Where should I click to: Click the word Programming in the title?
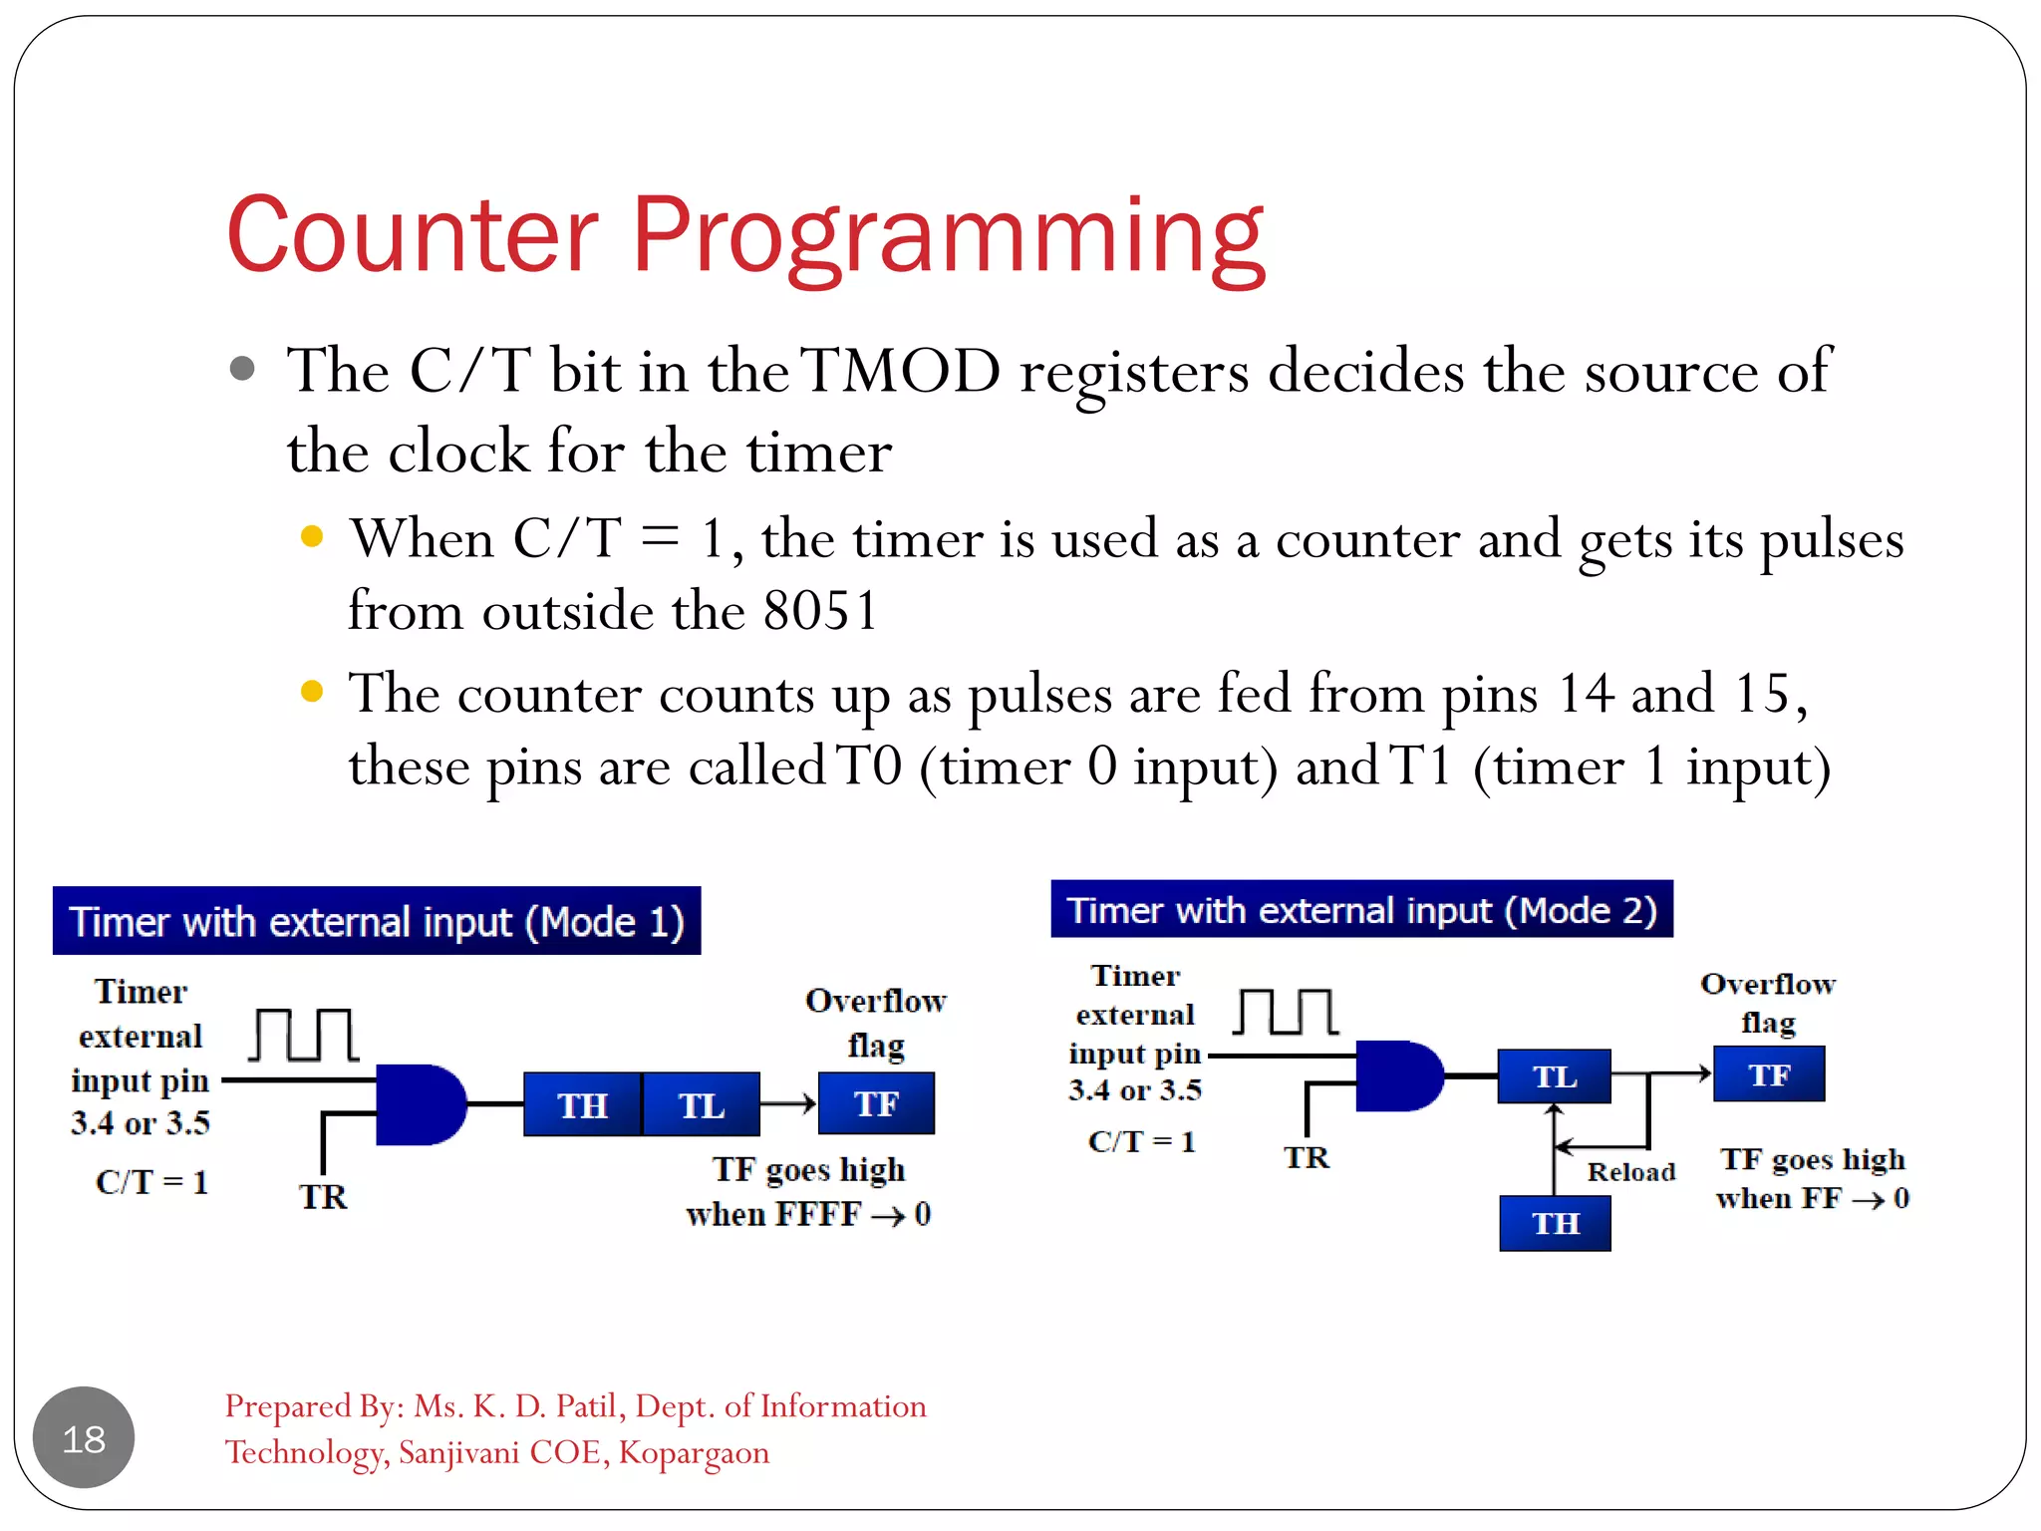pos(948,236)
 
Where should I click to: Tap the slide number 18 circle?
pos(84,1437)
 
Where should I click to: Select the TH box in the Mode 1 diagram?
pos(582,1104)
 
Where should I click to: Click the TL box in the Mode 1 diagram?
pos(702,1104)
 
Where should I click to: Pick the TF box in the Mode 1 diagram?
pos(876,1103)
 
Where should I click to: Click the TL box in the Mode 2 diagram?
pos(1554,1076)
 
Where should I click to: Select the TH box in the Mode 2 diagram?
pos(1555,1223)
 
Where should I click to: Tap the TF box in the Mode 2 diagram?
pos(1769,1074)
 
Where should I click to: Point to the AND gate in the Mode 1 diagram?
pos(420,1104)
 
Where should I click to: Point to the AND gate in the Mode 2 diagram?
pos(1398,1076)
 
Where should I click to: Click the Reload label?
pos(1630,1172)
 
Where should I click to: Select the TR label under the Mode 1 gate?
pos(323,1196)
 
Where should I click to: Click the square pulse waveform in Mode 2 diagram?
pos(1286,1013)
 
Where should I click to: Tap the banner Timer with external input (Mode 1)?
pos(377,921)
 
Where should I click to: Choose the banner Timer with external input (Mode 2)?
pos(1361,909)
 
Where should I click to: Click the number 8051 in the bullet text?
pos(819,610)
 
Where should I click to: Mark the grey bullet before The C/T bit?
pos(242,369)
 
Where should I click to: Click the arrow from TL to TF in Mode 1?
pos(788,1103)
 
